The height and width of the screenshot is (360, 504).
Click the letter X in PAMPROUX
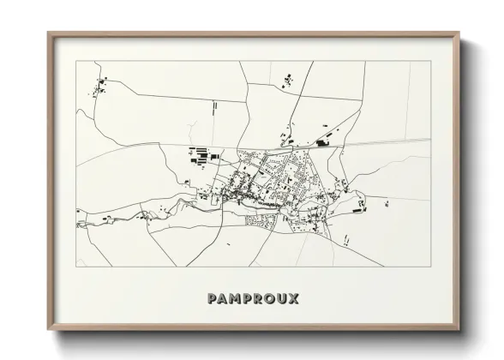pos(293,298)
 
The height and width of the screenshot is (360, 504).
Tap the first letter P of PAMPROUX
pos(212,298)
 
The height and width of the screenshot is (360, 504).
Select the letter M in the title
pos(235,298)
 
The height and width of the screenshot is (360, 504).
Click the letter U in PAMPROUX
pos(281,298)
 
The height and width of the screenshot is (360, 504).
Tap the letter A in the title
pos(223,298)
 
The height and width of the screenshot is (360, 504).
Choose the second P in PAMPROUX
pos(247,298)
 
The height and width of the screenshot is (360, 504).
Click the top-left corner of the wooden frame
pos(48,33)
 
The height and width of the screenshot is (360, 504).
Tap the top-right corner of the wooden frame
pos(459,33)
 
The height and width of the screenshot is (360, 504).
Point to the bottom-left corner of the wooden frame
pos(48,331)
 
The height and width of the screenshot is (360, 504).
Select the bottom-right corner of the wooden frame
pos(459,331)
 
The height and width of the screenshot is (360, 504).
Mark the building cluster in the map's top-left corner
pos(100,85)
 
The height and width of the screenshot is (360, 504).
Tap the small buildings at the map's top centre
pos(285,81)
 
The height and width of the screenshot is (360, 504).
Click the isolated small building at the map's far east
pos(387,203)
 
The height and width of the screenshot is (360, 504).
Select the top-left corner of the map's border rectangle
pos(76,62)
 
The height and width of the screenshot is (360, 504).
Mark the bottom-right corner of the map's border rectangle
pos(432,267)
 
